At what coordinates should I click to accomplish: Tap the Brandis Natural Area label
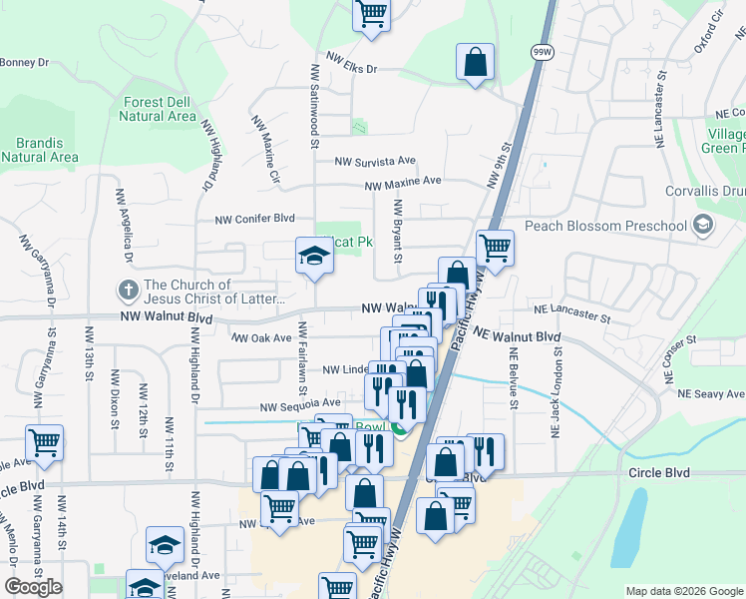(40, 150)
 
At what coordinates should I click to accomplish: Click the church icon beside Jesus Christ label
(128, 292)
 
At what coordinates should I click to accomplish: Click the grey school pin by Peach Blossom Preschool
(704, 226)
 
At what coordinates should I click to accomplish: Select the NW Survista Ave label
(375, 161)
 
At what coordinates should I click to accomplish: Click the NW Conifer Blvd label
(255, 219)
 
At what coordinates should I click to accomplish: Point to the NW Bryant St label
(397, 231)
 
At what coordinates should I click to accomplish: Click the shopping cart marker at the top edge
(371, 15)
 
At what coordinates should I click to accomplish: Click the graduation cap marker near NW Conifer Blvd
(313, 256)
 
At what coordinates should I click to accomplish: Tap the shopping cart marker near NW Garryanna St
(44, 442)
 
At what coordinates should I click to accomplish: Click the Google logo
(34, 587)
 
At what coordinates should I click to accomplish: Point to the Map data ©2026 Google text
(682, 591)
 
